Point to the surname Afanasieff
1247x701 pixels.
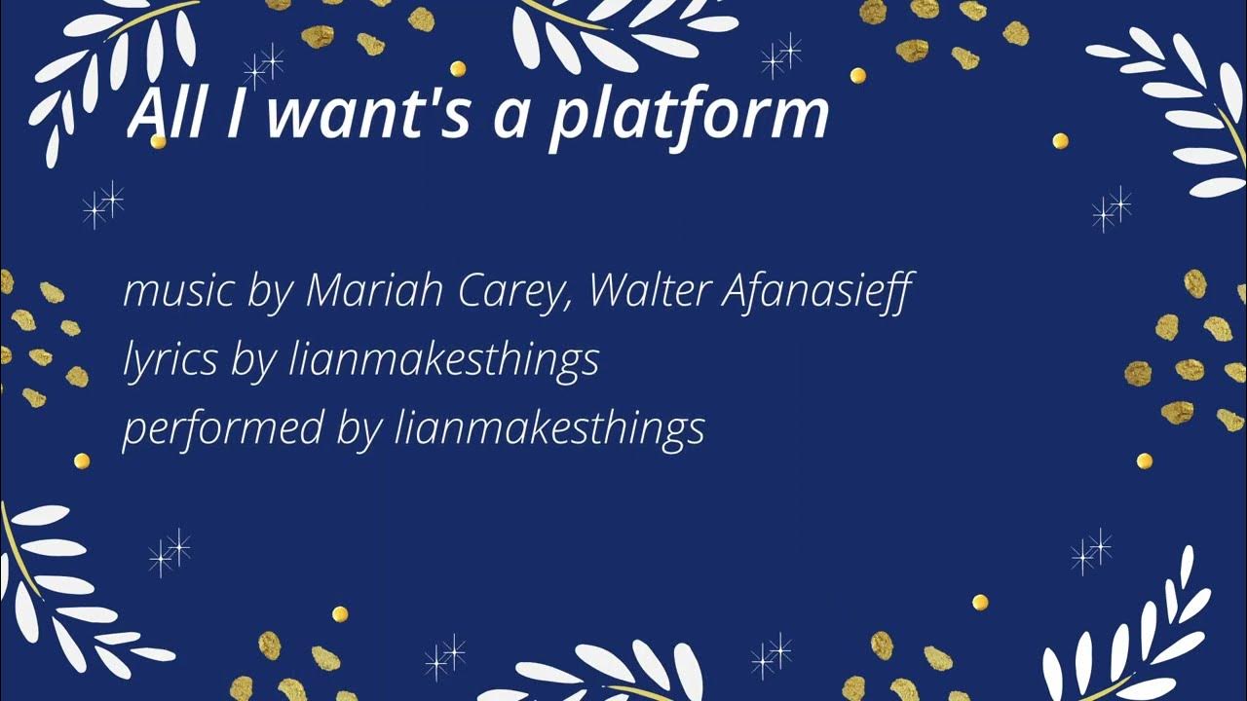[x=816, y=291]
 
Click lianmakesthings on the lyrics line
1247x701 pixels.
[x=444, y=361]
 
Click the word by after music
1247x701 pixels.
[x=264, y=293]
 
